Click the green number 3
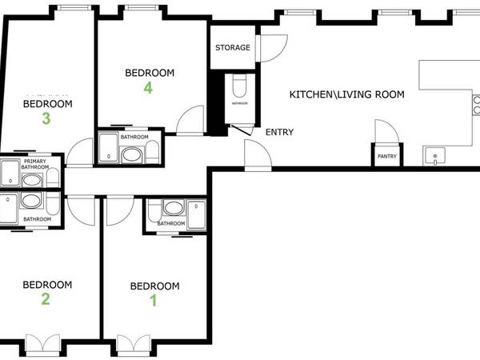point(46,119)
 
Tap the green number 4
point(149,88)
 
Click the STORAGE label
point(233,48)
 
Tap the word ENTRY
point(279,133)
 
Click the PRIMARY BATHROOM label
point(35,166)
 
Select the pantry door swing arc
point(384,130)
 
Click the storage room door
point(272,48)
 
